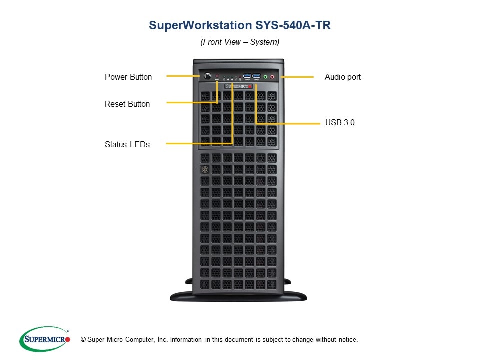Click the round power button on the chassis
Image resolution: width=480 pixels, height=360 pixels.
(x=207, y=75)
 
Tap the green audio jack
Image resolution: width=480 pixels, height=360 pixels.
(x=265, y=77)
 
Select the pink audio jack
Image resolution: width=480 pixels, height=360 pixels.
(x=272, y=77)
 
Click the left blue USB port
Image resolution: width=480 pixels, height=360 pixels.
(x=247, y=76)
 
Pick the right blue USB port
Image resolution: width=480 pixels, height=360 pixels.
(x=256, y=76)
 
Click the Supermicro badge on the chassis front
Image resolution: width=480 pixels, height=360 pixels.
(x=238, y=86)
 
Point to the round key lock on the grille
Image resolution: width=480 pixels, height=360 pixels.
(x=205, y=169)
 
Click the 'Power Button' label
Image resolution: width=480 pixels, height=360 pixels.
(x=128, y=77)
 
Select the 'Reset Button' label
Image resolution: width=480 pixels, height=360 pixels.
(x=127, y=104)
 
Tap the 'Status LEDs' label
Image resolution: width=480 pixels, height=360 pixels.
(x=127, y=145)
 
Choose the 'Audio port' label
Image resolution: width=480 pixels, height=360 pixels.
(x=343, y=77)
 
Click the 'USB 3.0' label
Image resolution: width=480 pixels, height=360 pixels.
(x=340, y=123)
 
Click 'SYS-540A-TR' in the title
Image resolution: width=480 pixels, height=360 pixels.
(x=293, y=25)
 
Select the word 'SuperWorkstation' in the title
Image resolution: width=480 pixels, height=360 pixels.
(x=201, y=25)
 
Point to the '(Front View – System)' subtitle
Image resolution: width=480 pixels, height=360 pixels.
(x=240, y=42)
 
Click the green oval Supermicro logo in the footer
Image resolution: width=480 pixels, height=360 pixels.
(x=45, y=339)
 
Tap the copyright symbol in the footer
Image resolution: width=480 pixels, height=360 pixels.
(x=83, y=340)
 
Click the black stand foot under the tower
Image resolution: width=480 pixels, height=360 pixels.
(x=238, y=296)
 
